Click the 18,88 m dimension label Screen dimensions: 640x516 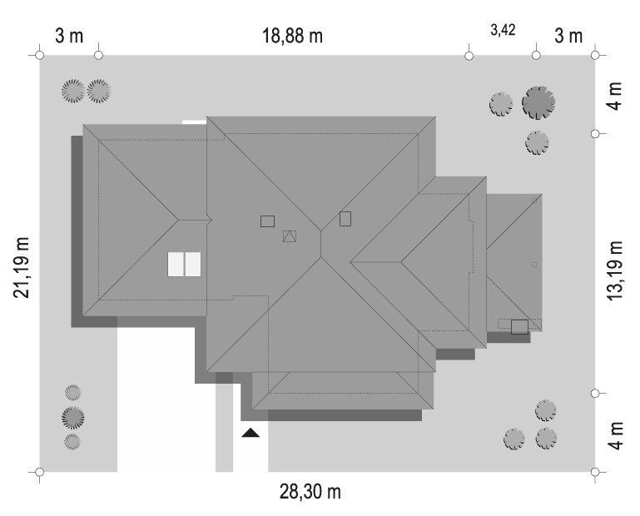click(x=292, y=36)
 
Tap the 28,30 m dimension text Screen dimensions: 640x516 click(x=310, y=492)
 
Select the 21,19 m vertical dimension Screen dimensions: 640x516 click(x=22, y=267)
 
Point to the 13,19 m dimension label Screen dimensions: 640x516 click(x=615, y=270)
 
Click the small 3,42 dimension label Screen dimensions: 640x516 click(x=503, y=30)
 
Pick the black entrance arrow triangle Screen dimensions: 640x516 click(x=251, y=433)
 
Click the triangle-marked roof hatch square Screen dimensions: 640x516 click(x=290, y=236)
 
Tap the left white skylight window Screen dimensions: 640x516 click(x=176, y=264)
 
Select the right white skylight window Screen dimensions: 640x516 click(x=192, y=264)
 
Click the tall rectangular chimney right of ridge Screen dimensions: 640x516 click(x=345, y=219)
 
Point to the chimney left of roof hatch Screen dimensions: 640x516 click(x=267, y=221)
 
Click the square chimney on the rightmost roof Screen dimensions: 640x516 click(x=519, y=327)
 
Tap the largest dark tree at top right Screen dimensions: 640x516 click(x=538, y=102)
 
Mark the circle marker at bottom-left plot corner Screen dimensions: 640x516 click(x=40, y=472)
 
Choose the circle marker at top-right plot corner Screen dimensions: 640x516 click(x=595, y=55)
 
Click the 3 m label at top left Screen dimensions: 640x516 click(x=69, y=36)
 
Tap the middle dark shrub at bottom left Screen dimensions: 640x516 click(x=73, y=418)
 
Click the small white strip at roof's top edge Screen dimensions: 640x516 click(x=194, y=122)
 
